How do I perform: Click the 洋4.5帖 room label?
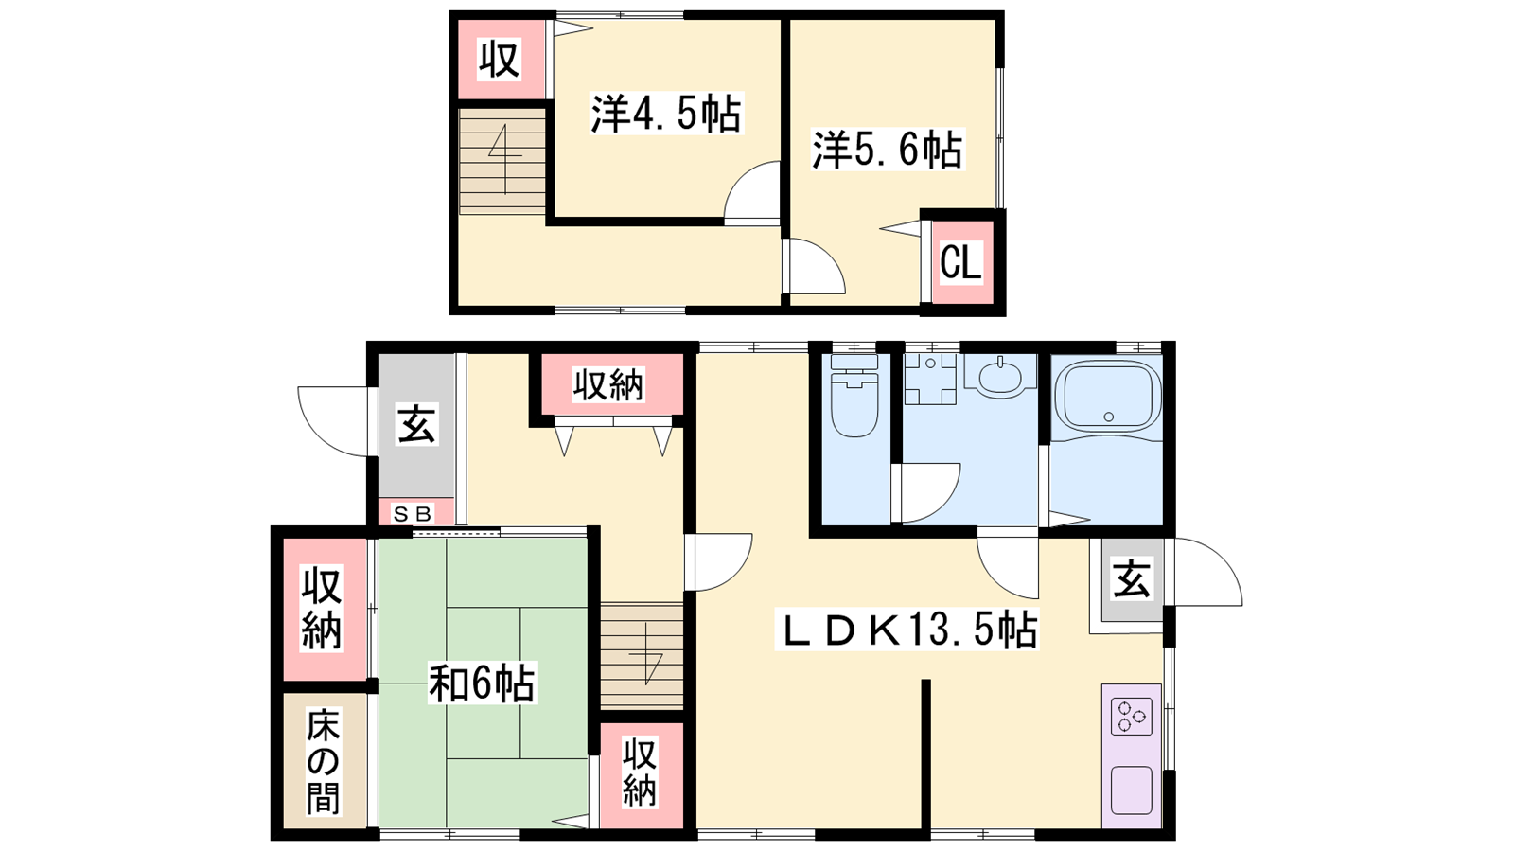pyautogui.click(x=666, y=113)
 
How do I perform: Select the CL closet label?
pyautogui.click(x=960, y=263)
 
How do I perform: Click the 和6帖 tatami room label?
pyautogui.click(x=483, y=683)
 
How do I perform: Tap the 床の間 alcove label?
pyautogui.click(x=323, y=761)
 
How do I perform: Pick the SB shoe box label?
pyautogui.click(x=412, y=515)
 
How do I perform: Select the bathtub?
pyautogui.click(x=1108, y=397)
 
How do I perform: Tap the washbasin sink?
pyautogui.click(x=999, y=375)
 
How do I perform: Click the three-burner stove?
pyautogui.click(x=1132, y=717)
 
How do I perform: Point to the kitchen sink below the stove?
pyautogui.click(x=1132, y=790)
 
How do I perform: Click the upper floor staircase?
pyautogui.click(x=502, y=162)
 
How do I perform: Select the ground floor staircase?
pyautogui.click(x=643, y=655)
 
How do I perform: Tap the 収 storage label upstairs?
pyautogui.click(x=500, y=60)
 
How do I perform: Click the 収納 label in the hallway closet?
pyautogui.click(x=608, y=384)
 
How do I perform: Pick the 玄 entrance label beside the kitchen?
pyautogui.click(x=1132, y=579)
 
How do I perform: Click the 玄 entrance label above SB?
pyautogui.click(x=417, y=424)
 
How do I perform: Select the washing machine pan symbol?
pyautogui.click(x=930, y=379)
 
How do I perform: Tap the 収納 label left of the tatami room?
pyautogui.click(x=322, y=609)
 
